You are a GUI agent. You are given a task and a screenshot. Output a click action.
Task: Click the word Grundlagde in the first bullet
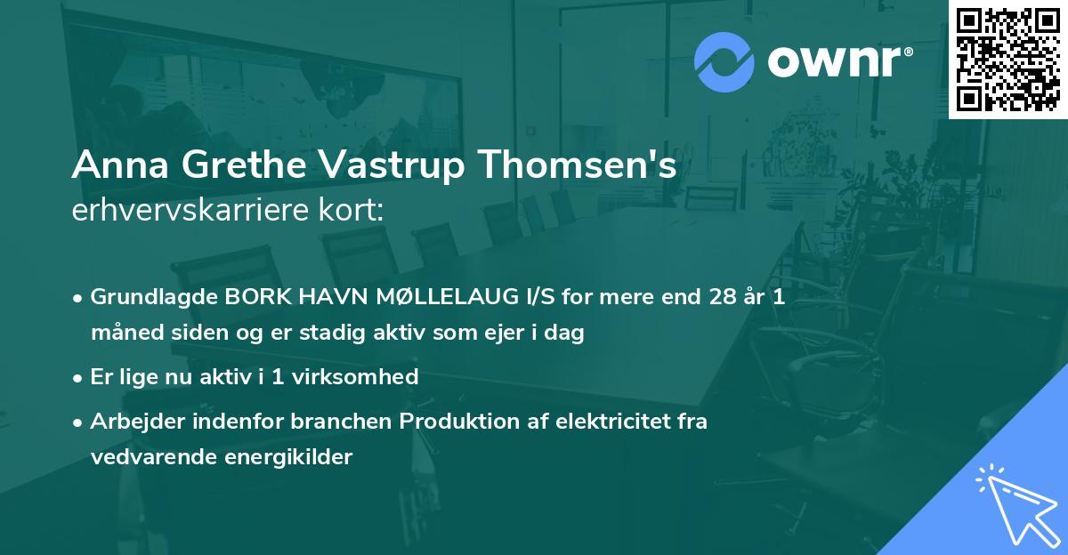point(148,298)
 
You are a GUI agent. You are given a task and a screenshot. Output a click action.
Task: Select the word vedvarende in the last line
point(147,457)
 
